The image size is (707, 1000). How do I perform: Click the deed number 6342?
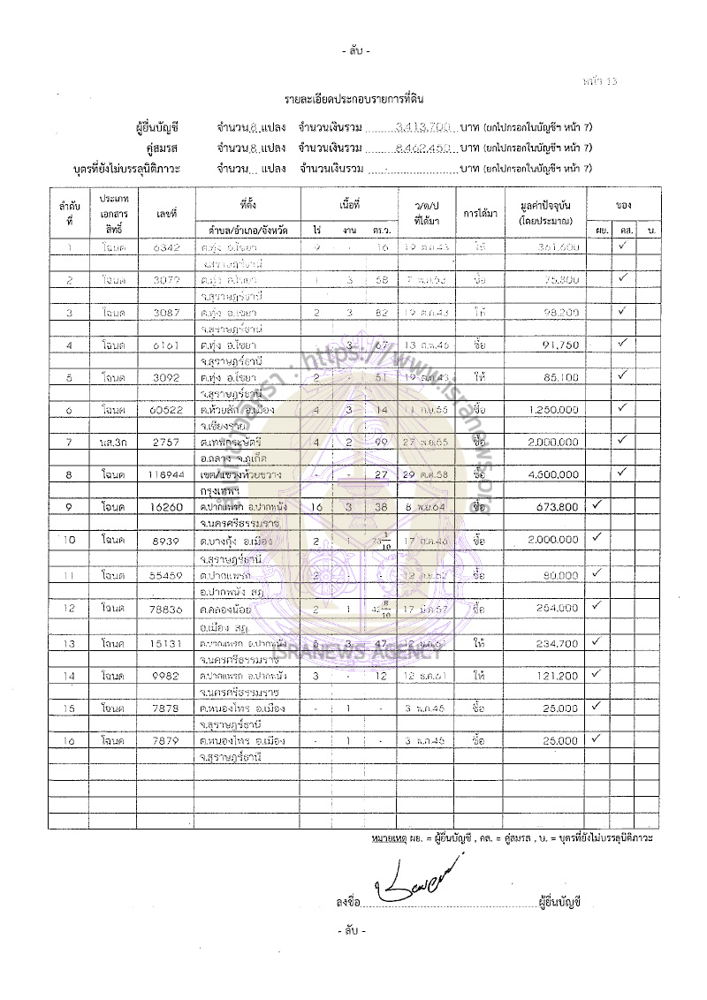click(166, 248)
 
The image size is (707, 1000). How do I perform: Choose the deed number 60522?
click(166, 409)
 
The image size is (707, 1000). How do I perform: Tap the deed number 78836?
click(166, 609)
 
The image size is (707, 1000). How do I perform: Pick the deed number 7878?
click(166, 708)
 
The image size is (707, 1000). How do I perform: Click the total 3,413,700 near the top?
click(422, 127)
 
